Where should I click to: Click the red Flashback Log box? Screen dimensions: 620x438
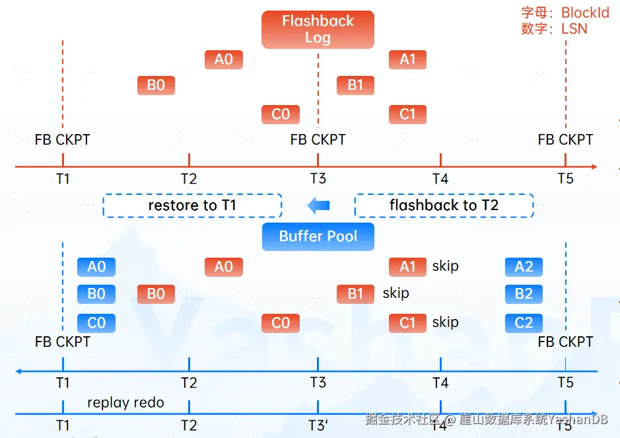(x=318, y=30)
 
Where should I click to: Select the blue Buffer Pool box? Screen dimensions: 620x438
(x=318, y=237)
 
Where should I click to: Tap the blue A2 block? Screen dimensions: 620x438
(x=524, y=267)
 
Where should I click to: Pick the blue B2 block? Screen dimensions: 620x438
(x=524, y=294)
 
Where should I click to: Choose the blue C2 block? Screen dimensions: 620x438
(x=524, y=323)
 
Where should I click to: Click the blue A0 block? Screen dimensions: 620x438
(x=96, y=267)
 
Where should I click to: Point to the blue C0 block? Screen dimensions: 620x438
(x=96, y=323)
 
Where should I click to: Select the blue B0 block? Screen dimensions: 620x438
(x=96, y=294)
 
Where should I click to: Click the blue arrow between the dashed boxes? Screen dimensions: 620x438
(x=318, y=205)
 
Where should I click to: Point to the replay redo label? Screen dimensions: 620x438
(x=125, y=402)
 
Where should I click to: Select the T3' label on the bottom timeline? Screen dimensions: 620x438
(x=318, y=425)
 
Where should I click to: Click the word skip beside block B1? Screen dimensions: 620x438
(x=396, y=293)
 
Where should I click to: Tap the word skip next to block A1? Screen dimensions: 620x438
(x=445, y=266)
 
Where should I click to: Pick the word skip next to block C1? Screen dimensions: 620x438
(x=445, y=322)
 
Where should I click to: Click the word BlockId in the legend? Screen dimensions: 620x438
(x=585, y=13)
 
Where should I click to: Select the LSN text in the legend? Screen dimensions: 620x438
(x=574, y=29)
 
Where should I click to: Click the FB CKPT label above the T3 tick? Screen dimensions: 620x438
(x=318, y=139)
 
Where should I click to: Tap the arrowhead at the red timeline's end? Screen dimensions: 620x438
(x=594, y=166)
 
